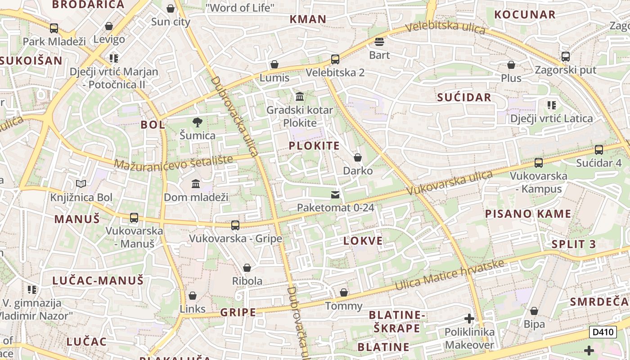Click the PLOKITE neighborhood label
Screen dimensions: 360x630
(x=314, y=146)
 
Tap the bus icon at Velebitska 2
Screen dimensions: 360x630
(x=335, y=59)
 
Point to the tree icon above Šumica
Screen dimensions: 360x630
(x=197, y=122)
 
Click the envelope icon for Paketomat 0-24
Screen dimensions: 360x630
(x=335, y=195)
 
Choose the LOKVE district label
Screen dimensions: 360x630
(x=363, y=241)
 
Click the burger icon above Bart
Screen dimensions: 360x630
(x=379, y=42)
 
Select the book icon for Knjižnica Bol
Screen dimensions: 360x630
(x=81, y=184)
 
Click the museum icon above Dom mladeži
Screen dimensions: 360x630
(x=196, y=184)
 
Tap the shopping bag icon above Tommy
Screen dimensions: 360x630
(x=344, y=293)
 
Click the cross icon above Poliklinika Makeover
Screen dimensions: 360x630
(x=469, y=319)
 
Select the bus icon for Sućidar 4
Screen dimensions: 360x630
(x=598, y=150)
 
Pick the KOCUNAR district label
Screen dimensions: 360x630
(x=525, y=14)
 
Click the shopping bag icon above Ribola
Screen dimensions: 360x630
(x=247, y=268)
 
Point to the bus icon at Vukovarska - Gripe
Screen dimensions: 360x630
(x=235, y=225)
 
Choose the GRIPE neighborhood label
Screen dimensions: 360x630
(x=238, y=312)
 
